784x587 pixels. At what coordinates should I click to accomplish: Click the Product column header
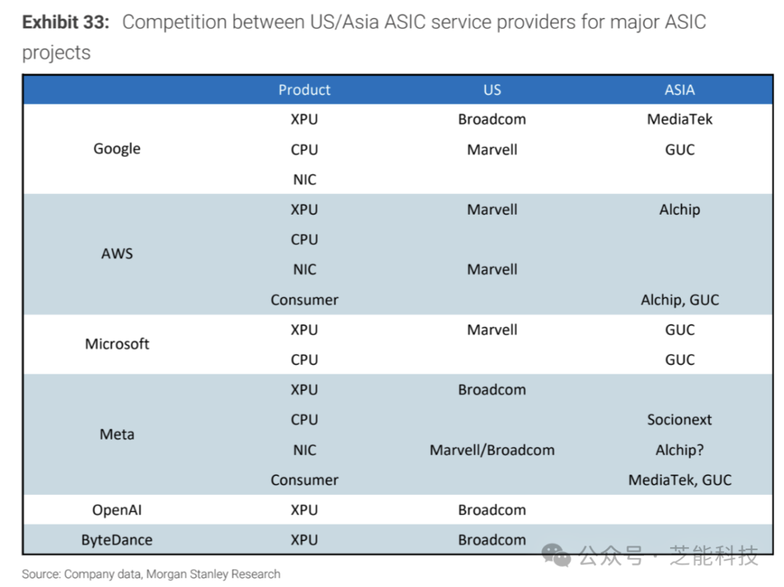(304, 90)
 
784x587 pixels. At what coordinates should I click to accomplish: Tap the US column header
(492, 90)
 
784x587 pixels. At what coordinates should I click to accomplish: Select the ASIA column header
(679, 90)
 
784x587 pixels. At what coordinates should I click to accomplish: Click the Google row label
(117, 149)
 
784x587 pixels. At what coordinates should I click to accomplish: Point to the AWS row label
(117, 254)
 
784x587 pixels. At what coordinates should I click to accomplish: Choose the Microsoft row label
(117, 344)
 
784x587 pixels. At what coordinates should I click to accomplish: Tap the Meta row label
(117, 434)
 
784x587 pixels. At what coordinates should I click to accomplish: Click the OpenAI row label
(117, 510)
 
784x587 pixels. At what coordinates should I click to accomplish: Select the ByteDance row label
(117, 540)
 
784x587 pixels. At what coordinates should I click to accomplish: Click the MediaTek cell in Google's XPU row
(679, 120)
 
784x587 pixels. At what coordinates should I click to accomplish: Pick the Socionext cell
(679, 419)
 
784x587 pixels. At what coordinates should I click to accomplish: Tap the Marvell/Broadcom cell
(492, 450)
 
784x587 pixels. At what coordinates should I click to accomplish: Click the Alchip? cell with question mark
(679, 450)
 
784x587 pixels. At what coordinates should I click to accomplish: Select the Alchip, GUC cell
(680, 300)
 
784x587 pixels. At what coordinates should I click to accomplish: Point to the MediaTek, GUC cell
(680, 480)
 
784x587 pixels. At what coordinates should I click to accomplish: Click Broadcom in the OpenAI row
(492, 510)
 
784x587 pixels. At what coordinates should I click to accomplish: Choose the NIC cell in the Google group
(304, 179)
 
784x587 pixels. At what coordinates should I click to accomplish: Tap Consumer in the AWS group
(304, 300)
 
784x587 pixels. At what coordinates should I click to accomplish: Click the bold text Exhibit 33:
(65, 22)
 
